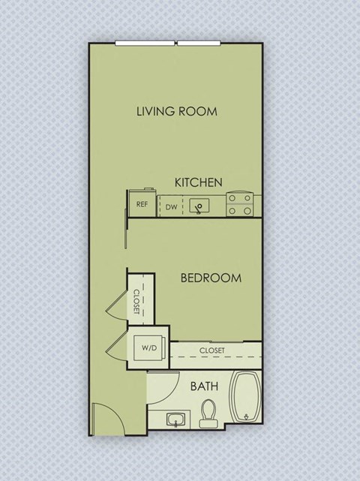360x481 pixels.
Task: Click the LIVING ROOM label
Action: [176, 112]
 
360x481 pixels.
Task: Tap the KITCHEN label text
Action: [199, 182]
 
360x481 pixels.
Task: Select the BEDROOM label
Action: [211, 278]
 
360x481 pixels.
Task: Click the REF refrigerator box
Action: [141, 204]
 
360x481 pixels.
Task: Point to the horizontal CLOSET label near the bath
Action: [214, 350]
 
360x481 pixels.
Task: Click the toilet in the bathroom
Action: [208, 412]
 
